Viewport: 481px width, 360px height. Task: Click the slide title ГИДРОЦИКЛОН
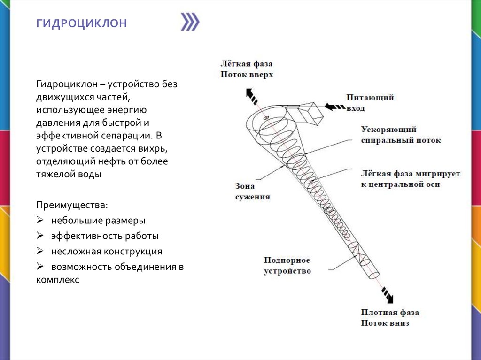tap(82, 23)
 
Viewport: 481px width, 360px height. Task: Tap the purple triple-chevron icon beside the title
tap(190, 22)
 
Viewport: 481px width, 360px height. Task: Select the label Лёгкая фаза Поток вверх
tap(246, 69)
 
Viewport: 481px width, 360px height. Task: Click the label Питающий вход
tap(370, 103)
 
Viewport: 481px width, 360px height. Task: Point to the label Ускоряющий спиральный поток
tap(401, 135)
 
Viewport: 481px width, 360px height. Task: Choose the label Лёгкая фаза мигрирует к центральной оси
tap(410, 179)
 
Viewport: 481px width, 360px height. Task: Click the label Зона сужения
tap(252, 191)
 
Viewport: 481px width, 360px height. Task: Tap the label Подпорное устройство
tap(287, 266)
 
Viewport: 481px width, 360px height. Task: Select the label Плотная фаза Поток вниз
tap(390, 318)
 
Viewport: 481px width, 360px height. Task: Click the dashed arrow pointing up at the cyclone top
tap(251, 96)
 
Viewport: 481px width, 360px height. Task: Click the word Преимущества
tap(71, 206)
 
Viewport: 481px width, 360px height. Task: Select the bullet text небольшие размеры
tap(98, 221)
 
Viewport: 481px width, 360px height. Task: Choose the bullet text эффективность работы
tap(105, 236)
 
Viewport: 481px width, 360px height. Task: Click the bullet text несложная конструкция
tap(107, 252)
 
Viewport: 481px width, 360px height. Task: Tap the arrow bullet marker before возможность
tap(40, 267)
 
